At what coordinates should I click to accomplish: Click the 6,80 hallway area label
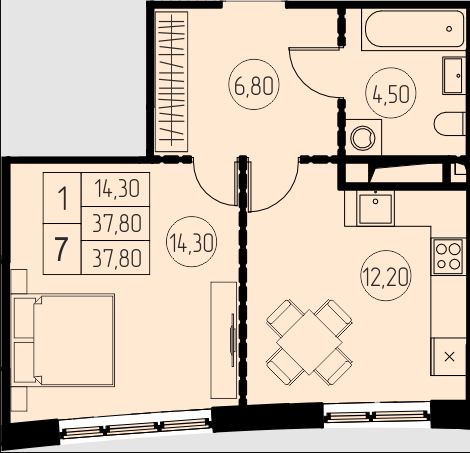[254, 85]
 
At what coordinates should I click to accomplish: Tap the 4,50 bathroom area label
[391, 93]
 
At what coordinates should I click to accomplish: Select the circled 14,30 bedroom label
[191, 242]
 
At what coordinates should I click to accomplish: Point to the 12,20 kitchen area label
[386, 276]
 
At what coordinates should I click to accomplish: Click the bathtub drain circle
[449, 29]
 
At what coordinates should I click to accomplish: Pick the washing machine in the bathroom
[363, 137]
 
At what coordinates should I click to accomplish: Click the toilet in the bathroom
[450, 124]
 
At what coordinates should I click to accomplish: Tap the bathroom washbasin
[454, 76]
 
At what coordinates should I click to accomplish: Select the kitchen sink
[375, 208]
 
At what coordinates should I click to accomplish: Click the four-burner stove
[448, 256]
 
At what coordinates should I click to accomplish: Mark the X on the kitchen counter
[450, 357]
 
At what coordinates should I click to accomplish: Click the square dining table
[309, 342]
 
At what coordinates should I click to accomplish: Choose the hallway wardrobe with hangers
[172, 81]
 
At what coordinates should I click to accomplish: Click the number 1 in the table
[62, 198]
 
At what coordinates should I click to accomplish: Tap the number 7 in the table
[62, 249]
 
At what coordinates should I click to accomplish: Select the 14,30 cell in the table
[116, 189]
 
